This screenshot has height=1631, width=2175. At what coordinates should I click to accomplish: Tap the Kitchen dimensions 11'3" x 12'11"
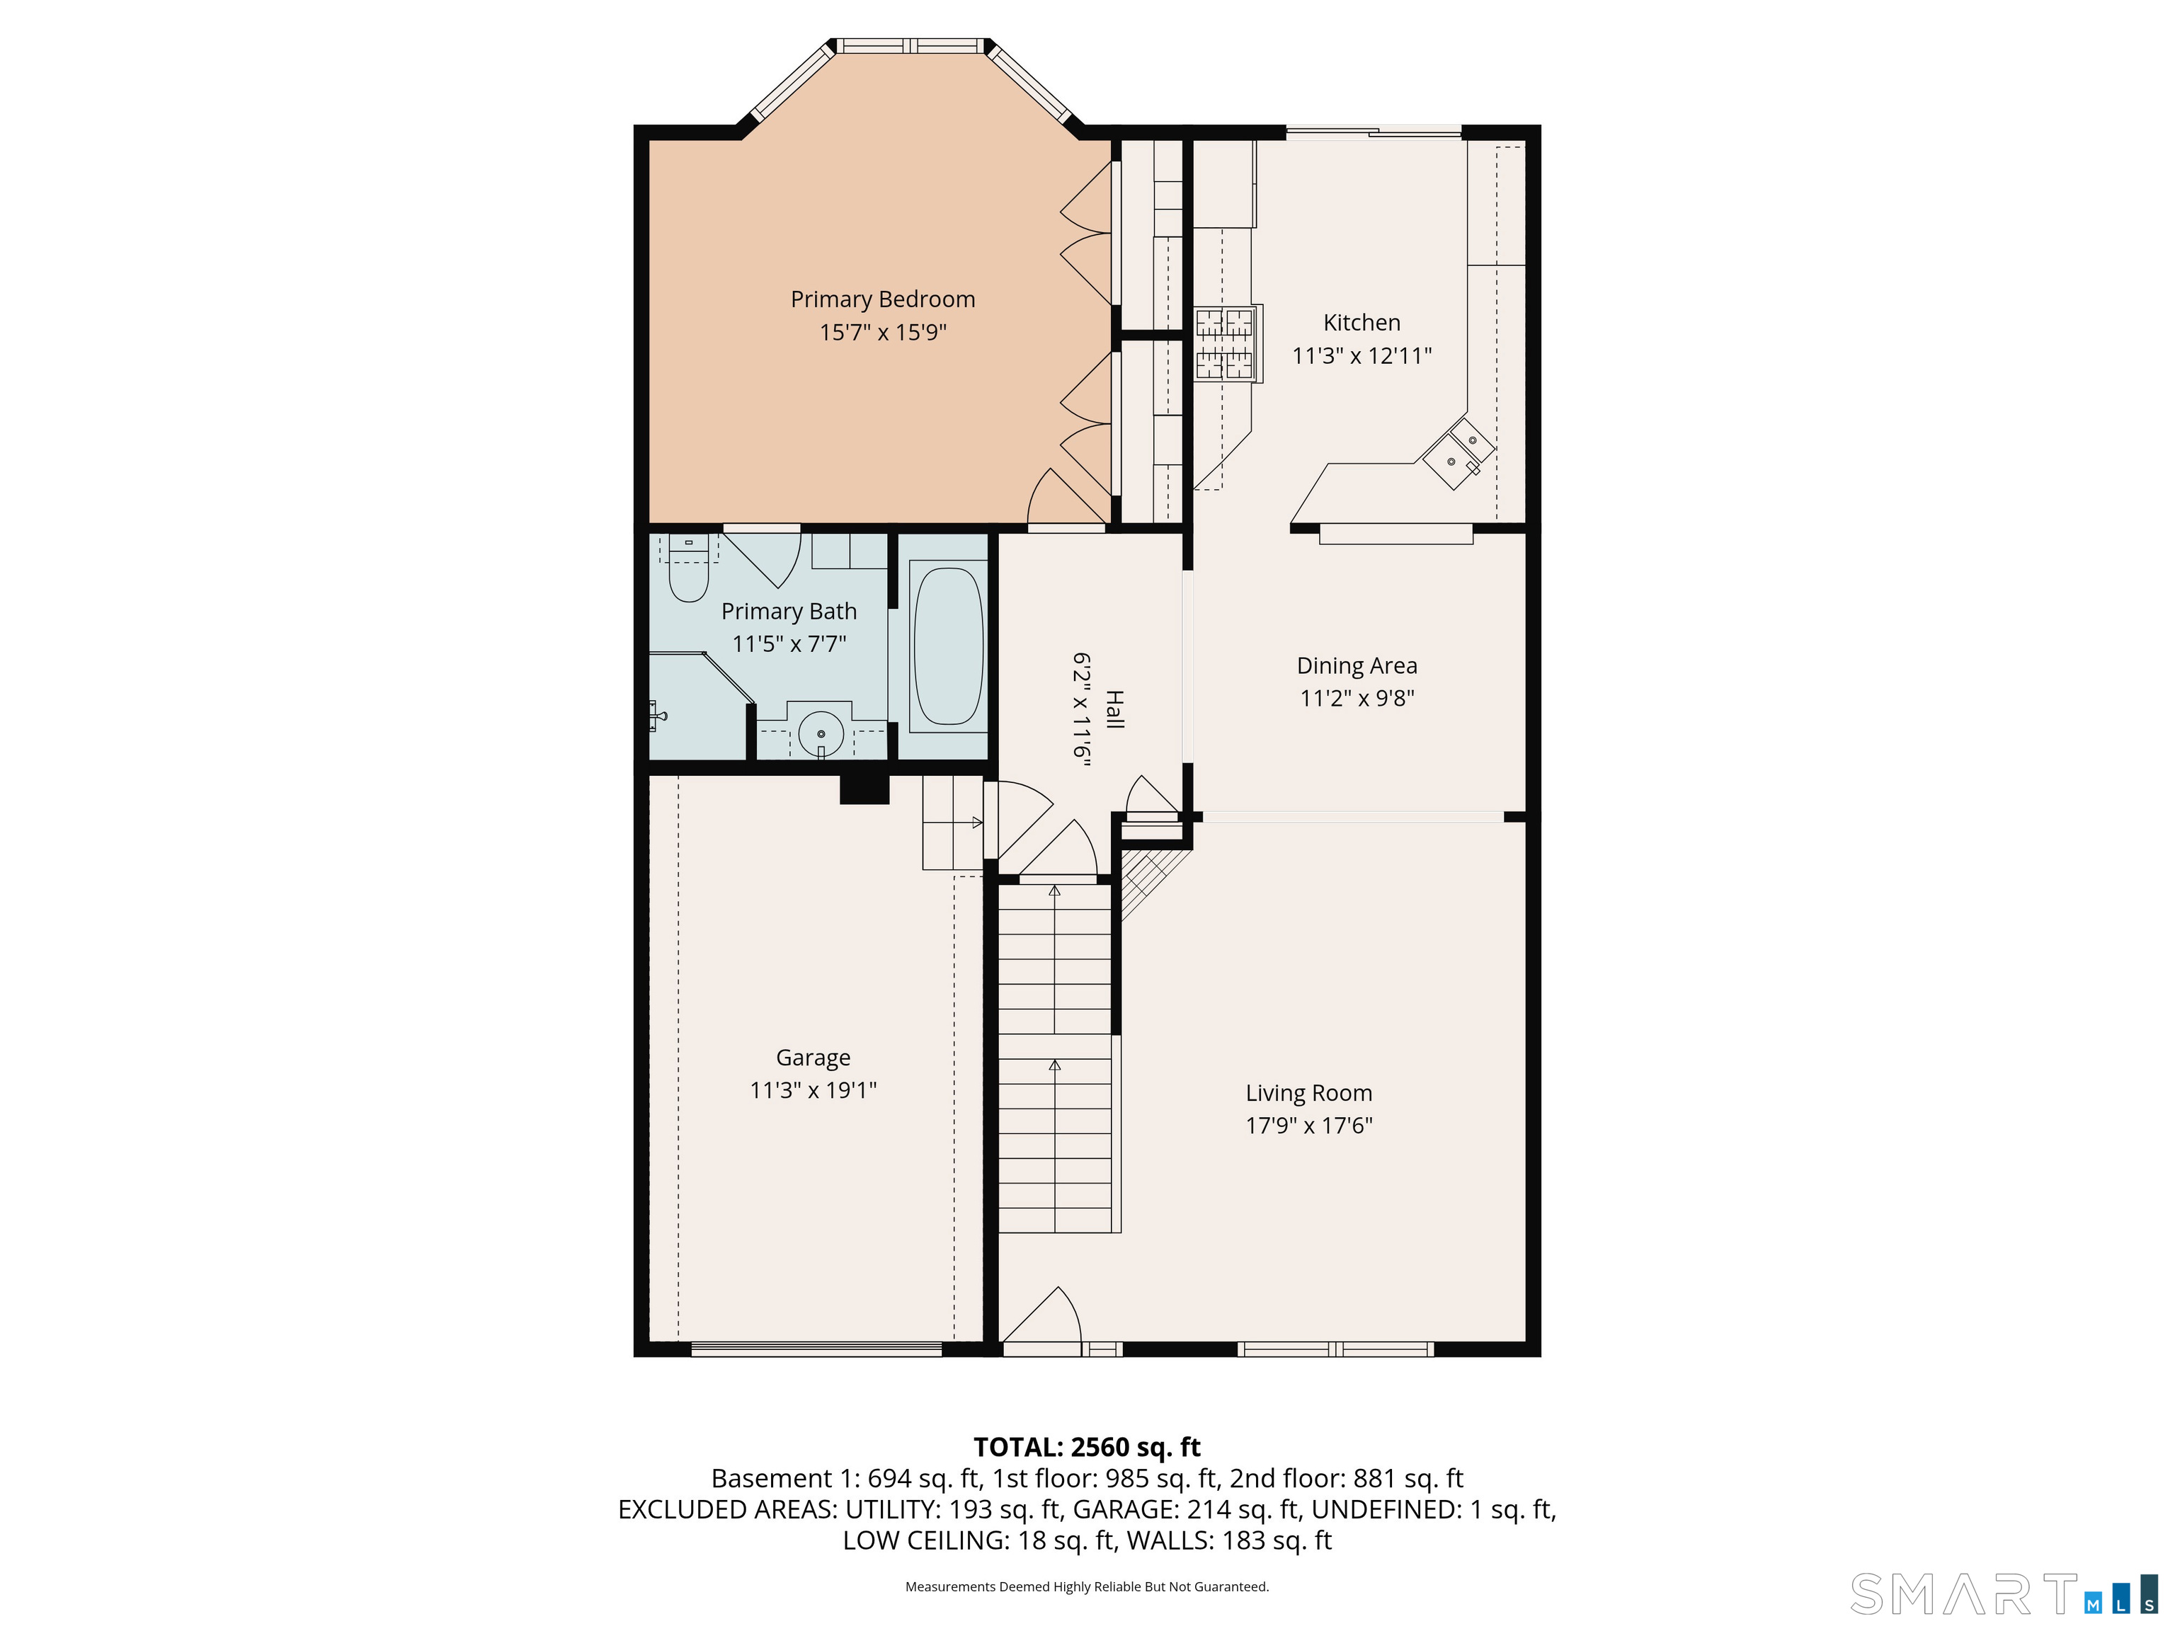[1361, 356]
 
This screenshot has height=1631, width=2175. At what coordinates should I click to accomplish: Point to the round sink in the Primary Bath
[822, 733]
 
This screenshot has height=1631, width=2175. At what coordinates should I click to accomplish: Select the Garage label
[814, 1058]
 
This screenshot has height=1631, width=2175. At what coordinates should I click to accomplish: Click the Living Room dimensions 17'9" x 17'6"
[1308, 1126]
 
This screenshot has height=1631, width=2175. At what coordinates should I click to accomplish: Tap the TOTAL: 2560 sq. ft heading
[1087, 1447]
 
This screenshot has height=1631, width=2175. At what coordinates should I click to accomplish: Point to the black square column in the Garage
[864, 789]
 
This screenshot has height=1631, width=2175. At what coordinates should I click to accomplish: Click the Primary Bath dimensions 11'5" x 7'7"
[789, 644]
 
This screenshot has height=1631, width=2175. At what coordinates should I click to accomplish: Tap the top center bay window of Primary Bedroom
[910, 46]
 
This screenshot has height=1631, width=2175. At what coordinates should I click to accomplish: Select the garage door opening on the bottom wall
[817, 1349]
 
